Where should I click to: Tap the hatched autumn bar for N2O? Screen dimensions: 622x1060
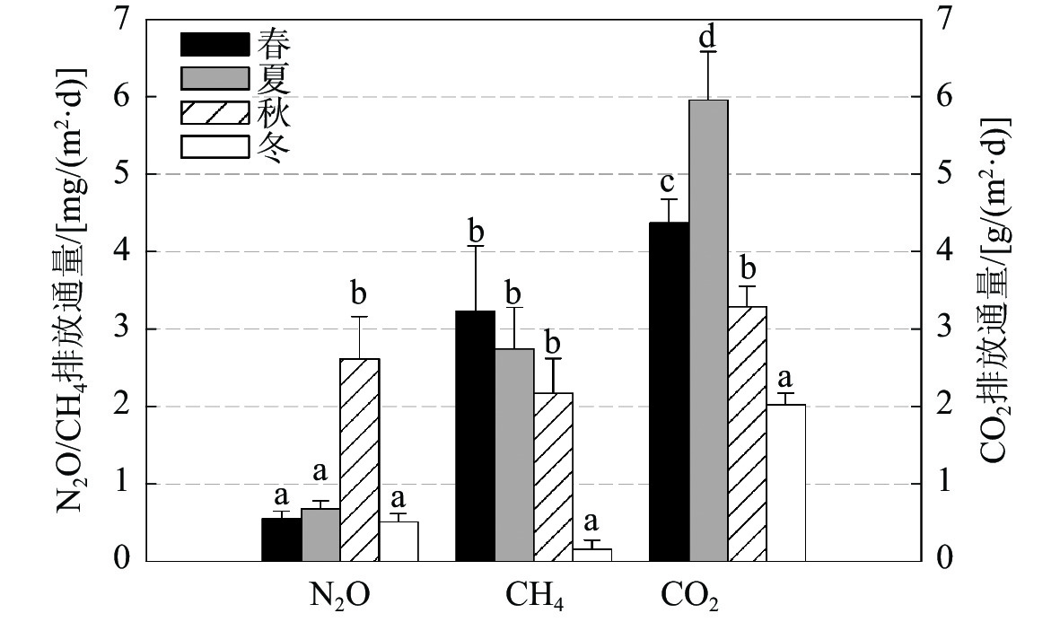[359, 460]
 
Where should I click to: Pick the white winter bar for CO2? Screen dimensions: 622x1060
[786, 483]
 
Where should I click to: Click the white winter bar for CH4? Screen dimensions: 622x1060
[591, 555]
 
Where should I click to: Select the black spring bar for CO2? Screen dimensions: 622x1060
[669, 391]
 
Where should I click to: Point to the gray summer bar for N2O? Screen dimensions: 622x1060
[320, 535]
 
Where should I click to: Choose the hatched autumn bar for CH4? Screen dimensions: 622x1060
[553, 477]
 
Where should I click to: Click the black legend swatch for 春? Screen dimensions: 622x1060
[215, 44]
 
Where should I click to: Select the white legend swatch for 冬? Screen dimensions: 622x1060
[215, 146]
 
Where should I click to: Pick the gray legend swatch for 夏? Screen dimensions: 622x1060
[215, 78]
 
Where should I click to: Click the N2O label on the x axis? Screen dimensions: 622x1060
[340, 595]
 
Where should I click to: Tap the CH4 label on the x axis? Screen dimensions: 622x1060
[535, 595]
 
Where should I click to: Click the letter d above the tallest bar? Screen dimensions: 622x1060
[707, 38]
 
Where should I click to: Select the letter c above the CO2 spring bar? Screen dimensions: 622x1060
[669, 183]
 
